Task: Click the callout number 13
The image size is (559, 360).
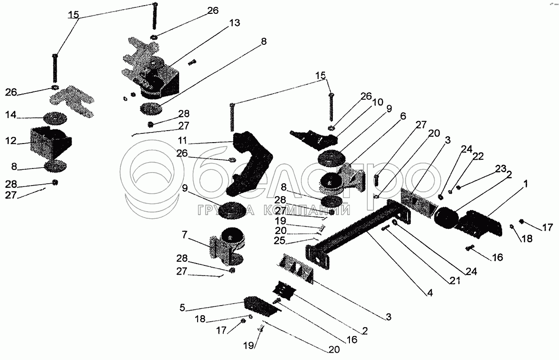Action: click(234, 23)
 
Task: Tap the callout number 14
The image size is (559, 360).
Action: click(11, 115)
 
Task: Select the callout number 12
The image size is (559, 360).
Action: click(11, 141)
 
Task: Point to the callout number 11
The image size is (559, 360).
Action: click(182, 141)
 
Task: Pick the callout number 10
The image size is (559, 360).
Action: click(378, 102)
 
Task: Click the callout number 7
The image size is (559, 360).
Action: click(185, 235)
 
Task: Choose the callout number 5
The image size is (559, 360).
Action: click(182, 307)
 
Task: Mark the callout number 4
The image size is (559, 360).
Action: click(430, 293)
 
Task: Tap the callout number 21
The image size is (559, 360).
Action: click(455, 281)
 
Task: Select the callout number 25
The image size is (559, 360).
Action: click(280, 241)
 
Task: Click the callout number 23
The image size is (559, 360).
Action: click(500, 169)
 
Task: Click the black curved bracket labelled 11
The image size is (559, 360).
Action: click(250, 162)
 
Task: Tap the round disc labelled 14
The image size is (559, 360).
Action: click(55, 119)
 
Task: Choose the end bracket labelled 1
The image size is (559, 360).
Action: click(477, 224)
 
